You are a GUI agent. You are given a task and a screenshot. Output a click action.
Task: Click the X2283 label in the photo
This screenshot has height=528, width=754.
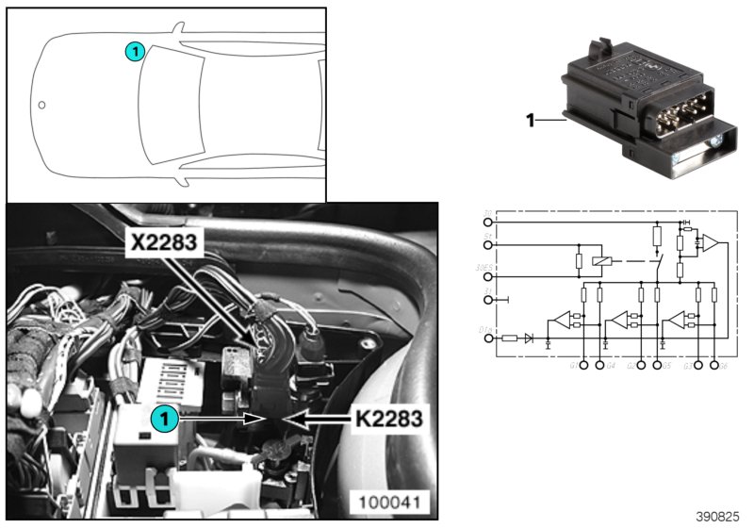(166, 242)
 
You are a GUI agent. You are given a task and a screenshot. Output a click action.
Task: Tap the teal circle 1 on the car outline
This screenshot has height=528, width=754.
(135, 52)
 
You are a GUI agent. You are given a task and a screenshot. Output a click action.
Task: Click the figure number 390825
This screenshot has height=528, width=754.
(719, 517)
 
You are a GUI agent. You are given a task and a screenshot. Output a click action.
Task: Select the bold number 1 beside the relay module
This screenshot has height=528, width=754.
(530, 121)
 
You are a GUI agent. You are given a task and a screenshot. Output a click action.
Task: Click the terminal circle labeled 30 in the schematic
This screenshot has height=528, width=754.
(487, 223)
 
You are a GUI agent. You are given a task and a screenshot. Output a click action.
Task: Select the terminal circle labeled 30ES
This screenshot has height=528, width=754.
(487, 278)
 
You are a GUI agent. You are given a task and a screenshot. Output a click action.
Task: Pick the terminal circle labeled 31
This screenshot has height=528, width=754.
(487, 301)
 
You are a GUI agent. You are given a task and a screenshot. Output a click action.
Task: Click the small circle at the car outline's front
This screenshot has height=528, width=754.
(41, 106)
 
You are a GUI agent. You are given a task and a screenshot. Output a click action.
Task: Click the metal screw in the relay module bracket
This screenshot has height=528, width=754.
(718, 140)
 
